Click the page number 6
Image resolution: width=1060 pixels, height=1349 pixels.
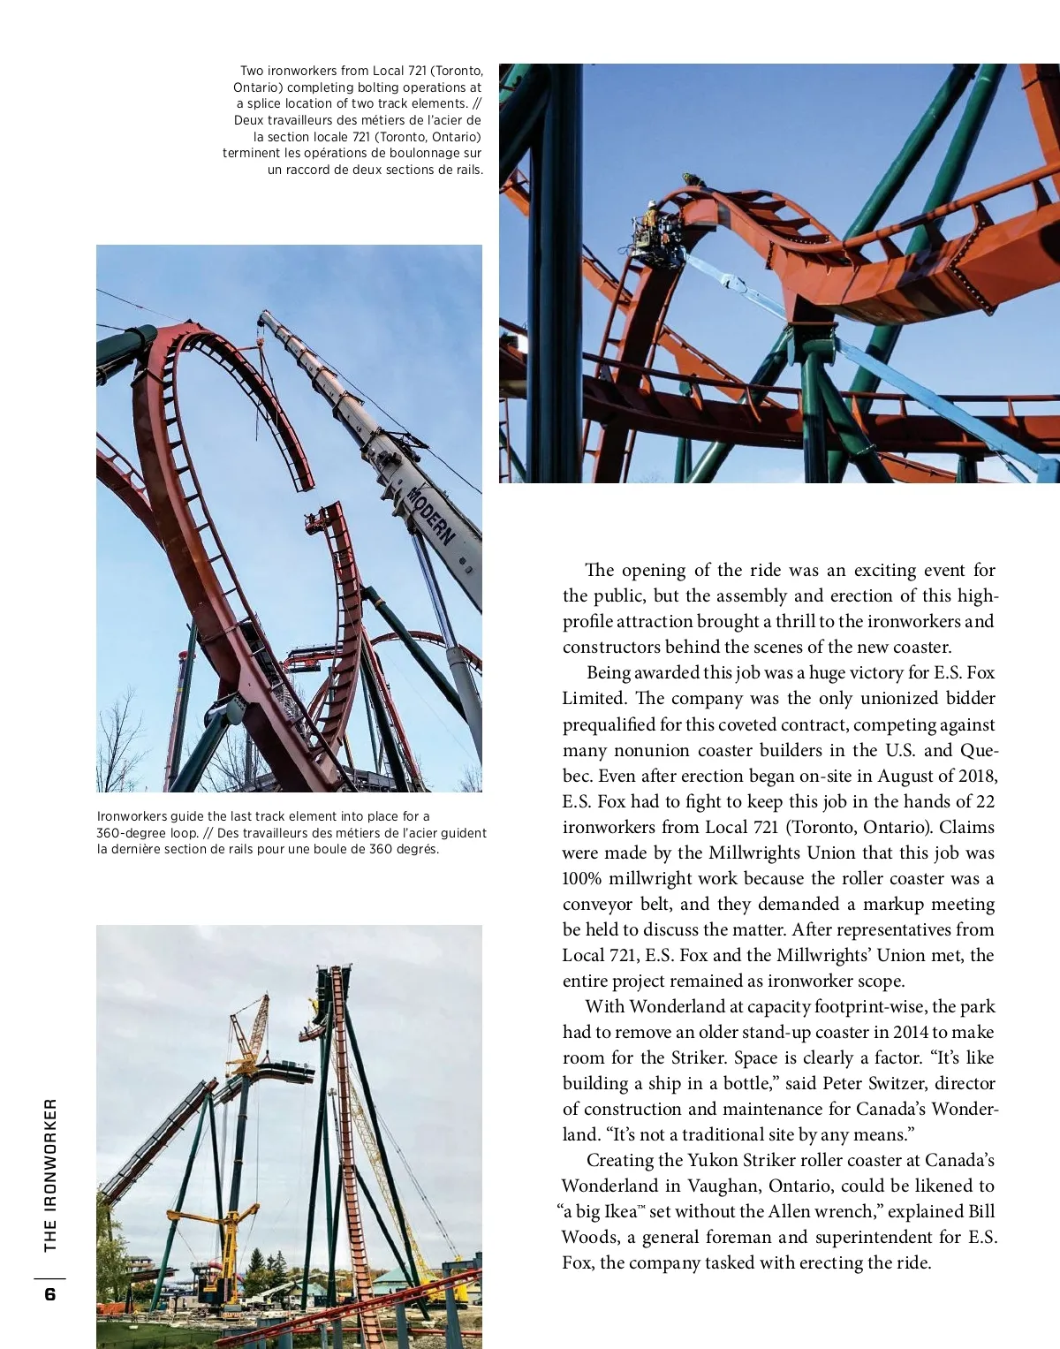coord(49,1294)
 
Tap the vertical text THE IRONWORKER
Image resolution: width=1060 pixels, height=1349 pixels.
coord(50,1174)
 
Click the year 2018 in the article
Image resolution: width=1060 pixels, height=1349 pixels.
coord(976,776)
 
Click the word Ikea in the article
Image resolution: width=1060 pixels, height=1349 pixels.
coord(619,1211)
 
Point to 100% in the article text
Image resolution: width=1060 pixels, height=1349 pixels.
coord(582,878)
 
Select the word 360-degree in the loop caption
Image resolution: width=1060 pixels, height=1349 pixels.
coord(130,833)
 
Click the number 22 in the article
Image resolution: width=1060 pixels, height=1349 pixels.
coord(985,801)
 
